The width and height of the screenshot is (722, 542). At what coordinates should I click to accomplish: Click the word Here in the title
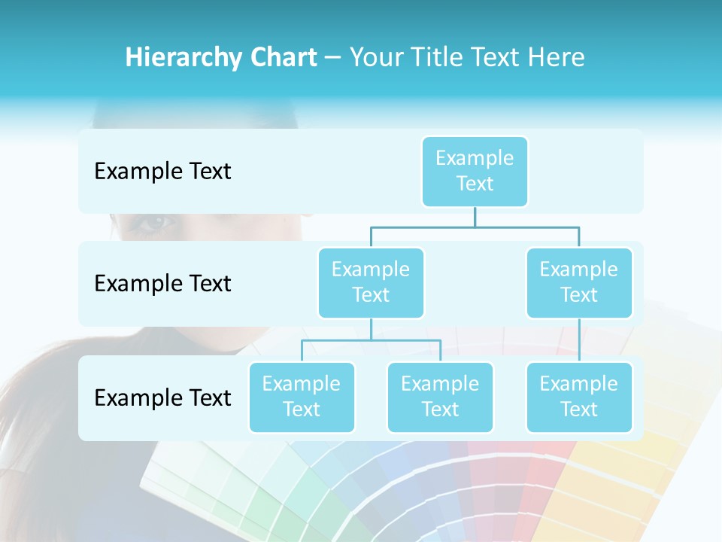coord(557,58)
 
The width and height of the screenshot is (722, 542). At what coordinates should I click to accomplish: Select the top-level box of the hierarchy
coord(475,171)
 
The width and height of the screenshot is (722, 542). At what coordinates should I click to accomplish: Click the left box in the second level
coord(371,282)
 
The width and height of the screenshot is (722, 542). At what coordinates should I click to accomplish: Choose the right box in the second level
coord(579,282)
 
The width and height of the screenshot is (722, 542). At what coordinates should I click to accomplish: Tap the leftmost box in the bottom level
coord(302,397)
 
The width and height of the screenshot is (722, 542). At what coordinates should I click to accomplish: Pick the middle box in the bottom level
coord(440,397)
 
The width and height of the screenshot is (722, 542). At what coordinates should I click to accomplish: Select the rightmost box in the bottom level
coord(579,397)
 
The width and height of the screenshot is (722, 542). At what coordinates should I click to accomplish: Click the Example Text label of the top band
coord(162,172)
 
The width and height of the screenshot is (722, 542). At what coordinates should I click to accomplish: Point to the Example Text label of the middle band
coord(162,284)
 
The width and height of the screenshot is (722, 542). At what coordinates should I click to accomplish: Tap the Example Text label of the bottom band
coord(162,397)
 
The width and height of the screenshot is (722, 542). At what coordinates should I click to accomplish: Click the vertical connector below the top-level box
coord(475,217)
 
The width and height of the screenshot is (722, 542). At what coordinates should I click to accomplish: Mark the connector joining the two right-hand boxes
coord(579,340)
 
